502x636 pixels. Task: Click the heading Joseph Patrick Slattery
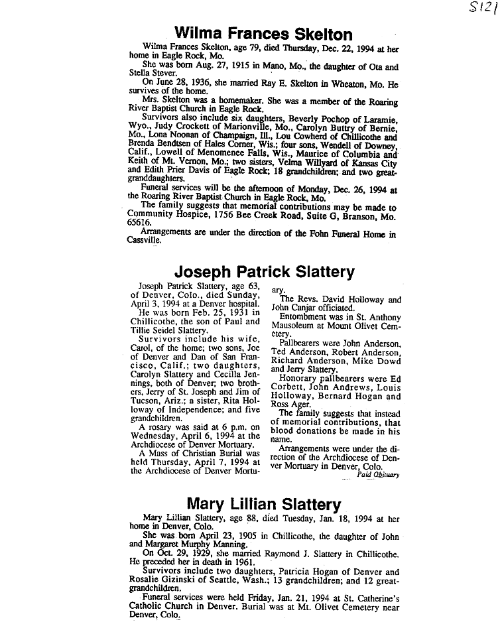click(x=264, y=272)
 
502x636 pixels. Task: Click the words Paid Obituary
click(x=378, y=474)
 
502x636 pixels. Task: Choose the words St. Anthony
click(x=376, y=317)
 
